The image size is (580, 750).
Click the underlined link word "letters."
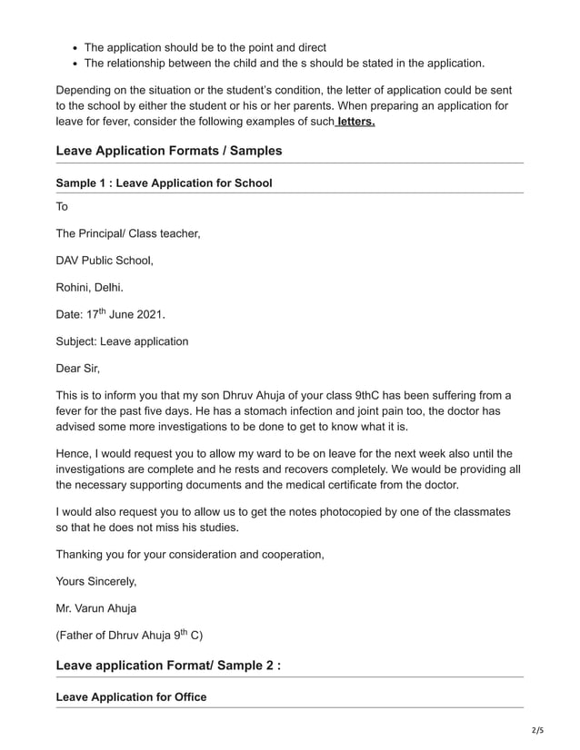355,122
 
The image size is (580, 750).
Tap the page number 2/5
538,729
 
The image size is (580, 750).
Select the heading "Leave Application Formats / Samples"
169,151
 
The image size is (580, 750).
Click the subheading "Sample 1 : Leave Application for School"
164,183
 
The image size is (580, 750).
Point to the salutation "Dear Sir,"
78,369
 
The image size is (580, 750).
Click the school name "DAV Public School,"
105,261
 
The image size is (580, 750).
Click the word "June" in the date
120,315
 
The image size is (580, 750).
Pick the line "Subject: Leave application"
122,341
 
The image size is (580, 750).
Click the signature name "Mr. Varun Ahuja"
96,607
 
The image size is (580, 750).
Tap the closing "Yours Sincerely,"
96,581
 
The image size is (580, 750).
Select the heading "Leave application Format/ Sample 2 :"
168,666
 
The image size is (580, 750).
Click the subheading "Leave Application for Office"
131,697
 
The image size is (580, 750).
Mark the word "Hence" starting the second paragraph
74,453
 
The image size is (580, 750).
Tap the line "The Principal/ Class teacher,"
128,233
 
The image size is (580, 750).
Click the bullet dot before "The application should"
75,47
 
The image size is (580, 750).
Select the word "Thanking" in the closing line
83,554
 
